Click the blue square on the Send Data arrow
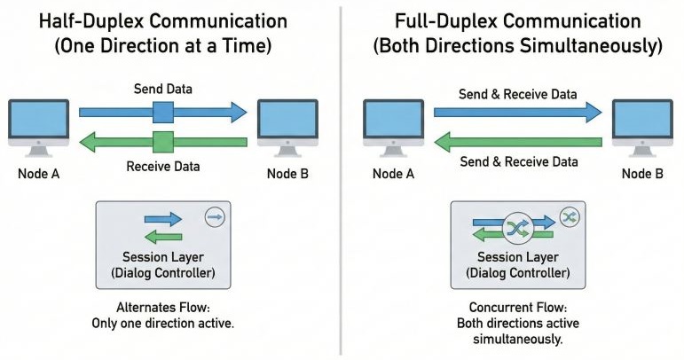[163, 112]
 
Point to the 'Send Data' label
[162, 90]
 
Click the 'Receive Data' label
[162, 166]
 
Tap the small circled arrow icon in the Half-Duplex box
[213, 215]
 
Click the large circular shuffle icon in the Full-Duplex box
[517, 228]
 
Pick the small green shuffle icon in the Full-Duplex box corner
[569, 215]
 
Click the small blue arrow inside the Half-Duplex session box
[162, 219]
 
